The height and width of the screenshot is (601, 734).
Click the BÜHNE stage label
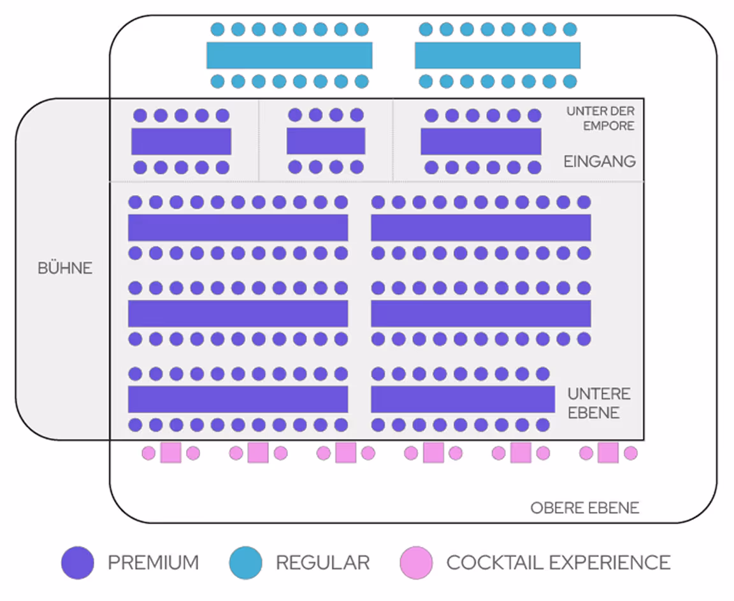click(65, 268)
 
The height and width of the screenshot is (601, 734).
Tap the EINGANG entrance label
click(600, 161)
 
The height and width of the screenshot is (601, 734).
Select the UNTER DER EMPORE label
click(600, 118)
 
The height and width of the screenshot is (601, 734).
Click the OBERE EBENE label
click(584, 508)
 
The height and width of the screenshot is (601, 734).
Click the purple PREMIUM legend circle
click(78, 563)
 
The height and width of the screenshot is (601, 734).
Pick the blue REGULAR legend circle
click(246, 563)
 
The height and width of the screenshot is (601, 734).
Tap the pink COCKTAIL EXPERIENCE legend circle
click(416, 563)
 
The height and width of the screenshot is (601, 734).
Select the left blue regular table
click(289, 55)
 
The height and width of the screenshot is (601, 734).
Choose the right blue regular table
click(498, 55)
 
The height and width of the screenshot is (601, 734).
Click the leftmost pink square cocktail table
click(171, 453)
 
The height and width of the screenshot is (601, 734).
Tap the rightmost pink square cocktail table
click(608, 453)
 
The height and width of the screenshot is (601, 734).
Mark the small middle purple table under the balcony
click(326, 141)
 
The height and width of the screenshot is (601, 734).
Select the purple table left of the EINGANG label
click(480, 141)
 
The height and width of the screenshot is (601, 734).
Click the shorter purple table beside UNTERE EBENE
click(463, 399)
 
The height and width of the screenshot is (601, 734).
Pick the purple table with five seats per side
click(181, 141)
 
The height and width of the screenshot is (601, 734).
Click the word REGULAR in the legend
click(322, 563)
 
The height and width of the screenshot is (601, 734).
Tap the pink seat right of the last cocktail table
click(631, 453)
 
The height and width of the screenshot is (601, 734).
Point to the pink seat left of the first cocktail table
click(148, 453)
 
